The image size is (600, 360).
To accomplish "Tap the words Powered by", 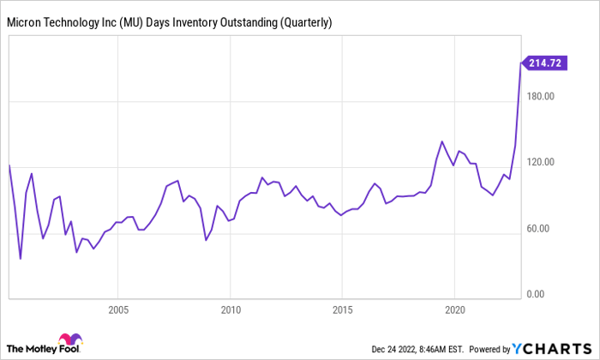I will pyautogui.click(x=489, y=349).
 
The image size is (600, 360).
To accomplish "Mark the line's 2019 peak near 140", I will pyautogui.click(x=441, y=141).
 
